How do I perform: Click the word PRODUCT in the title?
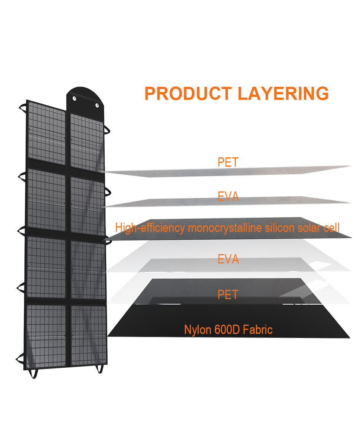[188, 94]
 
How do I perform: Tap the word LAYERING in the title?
[283, 94]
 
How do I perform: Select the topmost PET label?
[228, 162]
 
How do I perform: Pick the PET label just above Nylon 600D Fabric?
[228, 295]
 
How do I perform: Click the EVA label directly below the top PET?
[228, 196]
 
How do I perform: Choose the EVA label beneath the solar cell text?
[228, 259]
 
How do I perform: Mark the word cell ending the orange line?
[331, 228]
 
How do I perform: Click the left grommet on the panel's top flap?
[74, 99]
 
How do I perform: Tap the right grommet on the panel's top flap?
[97, 105]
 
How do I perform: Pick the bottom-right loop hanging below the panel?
[100, 369]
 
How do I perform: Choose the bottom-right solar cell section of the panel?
[89, 335]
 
